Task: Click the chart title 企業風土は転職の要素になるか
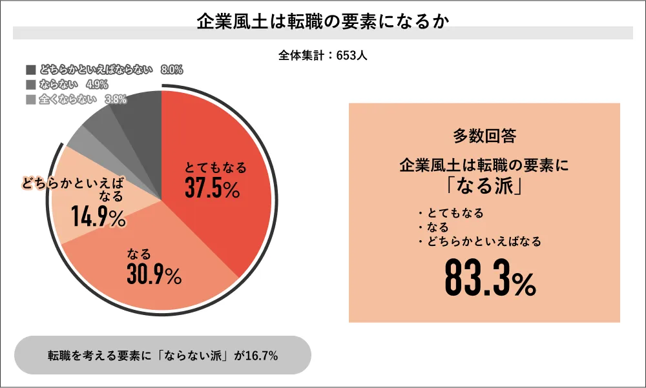[x=322, y=21]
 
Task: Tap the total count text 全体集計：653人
[x=323, y=56]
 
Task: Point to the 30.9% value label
[x=154, y=275]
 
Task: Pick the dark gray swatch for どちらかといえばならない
[x=30, y=70]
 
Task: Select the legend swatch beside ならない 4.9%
[x=30, y=85]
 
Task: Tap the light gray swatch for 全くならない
[x=30, y=99]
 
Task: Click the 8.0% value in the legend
[x=172, y=70]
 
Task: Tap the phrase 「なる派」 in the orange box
[x=484, y=186]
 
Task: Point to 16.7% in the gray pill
[x=262, y=355]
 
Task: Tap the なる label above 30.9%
[x=139, y=253]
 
